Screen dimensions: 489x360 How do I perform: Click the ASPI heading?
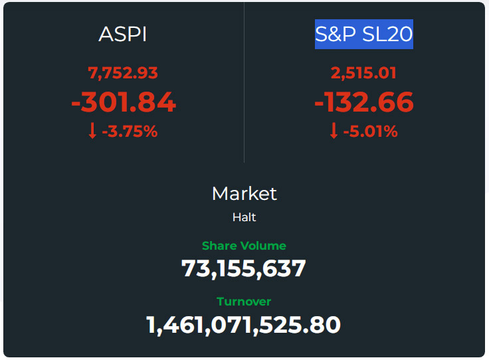point(122,34)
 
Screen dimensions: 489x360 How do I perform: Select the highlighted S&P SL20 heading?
point(364,34)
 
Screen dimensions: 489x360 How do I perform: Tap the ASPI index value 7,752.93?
point(123,73)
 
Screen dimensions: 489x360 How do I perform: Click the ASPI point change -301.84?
point(124,102)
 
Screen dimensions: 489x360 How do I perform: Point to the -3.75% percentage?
point(130,132)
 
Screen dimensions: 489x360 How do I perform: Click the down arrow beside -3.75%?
point(92,131)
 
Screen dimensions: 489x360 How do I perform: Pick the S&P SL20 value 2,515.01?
point(363,73)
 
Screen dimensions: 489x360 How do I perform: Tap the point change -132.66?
point(364,102)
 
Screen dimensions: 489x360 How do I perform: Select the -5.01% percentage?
point(371,132)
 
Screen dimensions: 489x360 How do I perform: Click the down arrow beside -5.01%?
point(334,131)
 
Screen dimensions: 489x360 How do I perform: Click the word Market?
point(244,193)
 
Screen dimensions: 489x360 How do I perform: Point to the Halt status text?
point(244,217)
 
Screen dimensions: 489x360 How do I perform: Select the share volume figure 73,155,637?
point(244,269)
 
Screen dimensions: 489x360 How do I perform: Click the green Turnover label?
point(244,302)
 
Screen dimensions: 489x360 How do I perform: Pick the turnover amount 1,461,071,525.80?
point(244,325)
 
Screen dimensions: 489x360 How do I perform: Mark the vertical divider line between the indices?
point(244,82)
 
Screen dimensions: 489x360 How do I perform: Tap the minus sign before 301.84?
point(76,104)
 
